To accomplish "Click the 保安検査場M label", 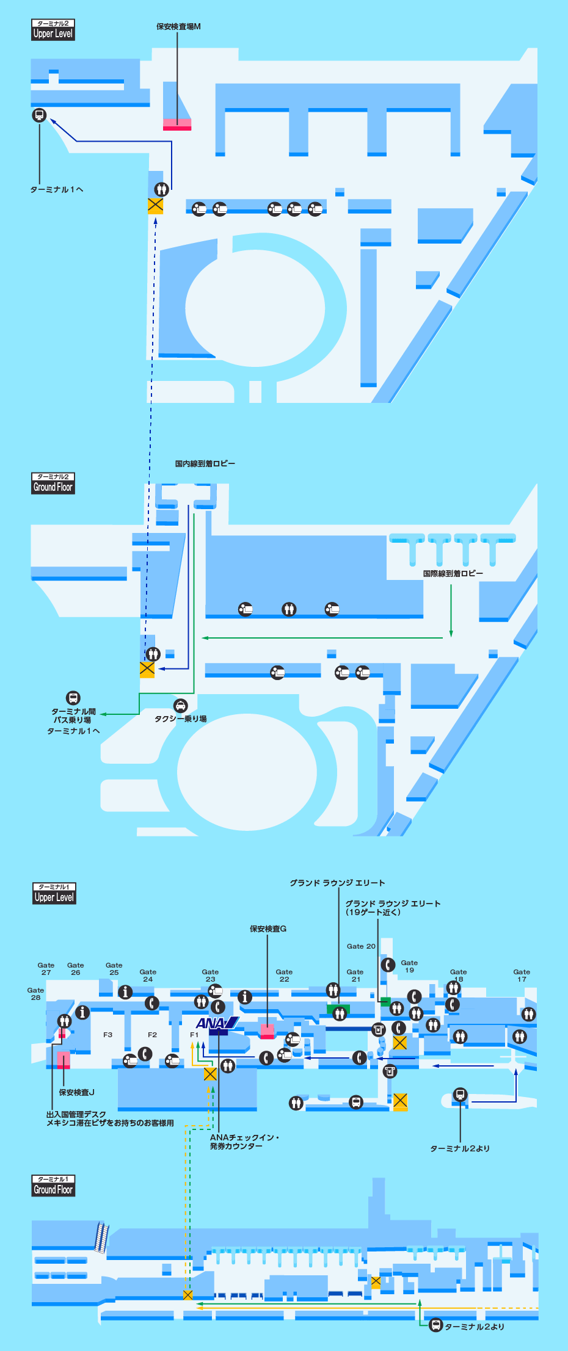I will (178, 27).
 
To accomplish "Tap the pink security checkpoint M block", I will (177, 125).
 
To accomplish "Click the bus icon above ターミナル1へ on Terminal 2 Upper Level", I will (39, 115).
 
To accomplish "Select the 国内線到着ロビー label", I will (205, 464).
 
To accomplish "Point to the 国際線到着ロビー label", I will (453, 574).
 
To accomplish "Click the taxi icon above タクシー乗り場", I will (180, 706).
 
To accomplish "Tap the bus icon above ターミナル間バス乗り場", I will (73, 698).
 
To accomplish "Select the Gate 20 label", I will (361, 946).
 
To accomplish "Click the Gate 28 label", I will (35, 994).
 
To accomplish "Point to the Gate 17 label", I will (522, 976).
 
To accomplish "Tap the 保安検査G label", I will (268, 929).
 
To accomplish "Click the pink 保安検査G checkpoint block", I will (268, 1031).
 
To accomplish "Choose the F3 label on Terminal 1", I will (107, 1035).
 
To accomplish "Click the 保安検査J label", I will (76, 1092).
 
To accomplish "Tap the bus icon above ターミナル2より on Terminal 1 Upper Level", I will (461, 1095).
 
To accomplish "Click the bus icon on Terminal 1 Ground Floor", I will (435, 1325).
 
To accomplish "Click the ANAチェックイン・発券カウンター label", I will (244, 1142).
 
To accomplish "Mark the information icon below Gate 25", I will (125, 992).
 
